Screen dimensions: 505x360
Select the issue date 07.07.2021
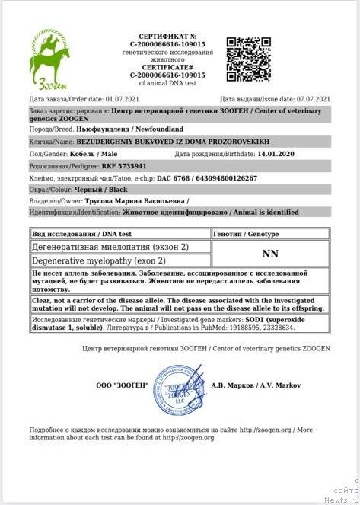[312, 100]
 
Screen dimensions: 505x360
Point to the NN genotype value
[269, 253]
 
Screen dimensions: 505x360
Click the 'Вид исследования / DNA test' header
[81, 234]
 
